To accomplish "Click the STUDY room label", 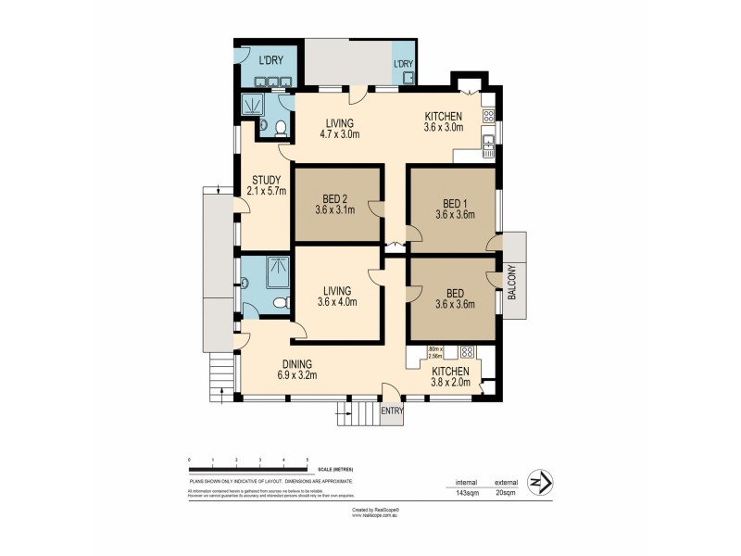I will point(266,180).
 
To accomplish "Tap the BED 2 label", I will point(334,198).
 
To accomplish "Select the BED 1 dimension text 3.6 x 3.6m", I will point(455,214).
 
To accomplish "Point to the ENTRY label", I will point(392,411).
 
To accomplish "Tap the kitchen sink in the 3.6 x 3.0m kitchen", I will point(489,141).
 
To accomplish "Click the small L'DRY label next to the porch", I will point(403,64).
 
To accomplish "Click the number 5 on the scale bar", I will point(308,460).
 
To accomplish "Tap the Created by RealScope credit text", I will point(374,509).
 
